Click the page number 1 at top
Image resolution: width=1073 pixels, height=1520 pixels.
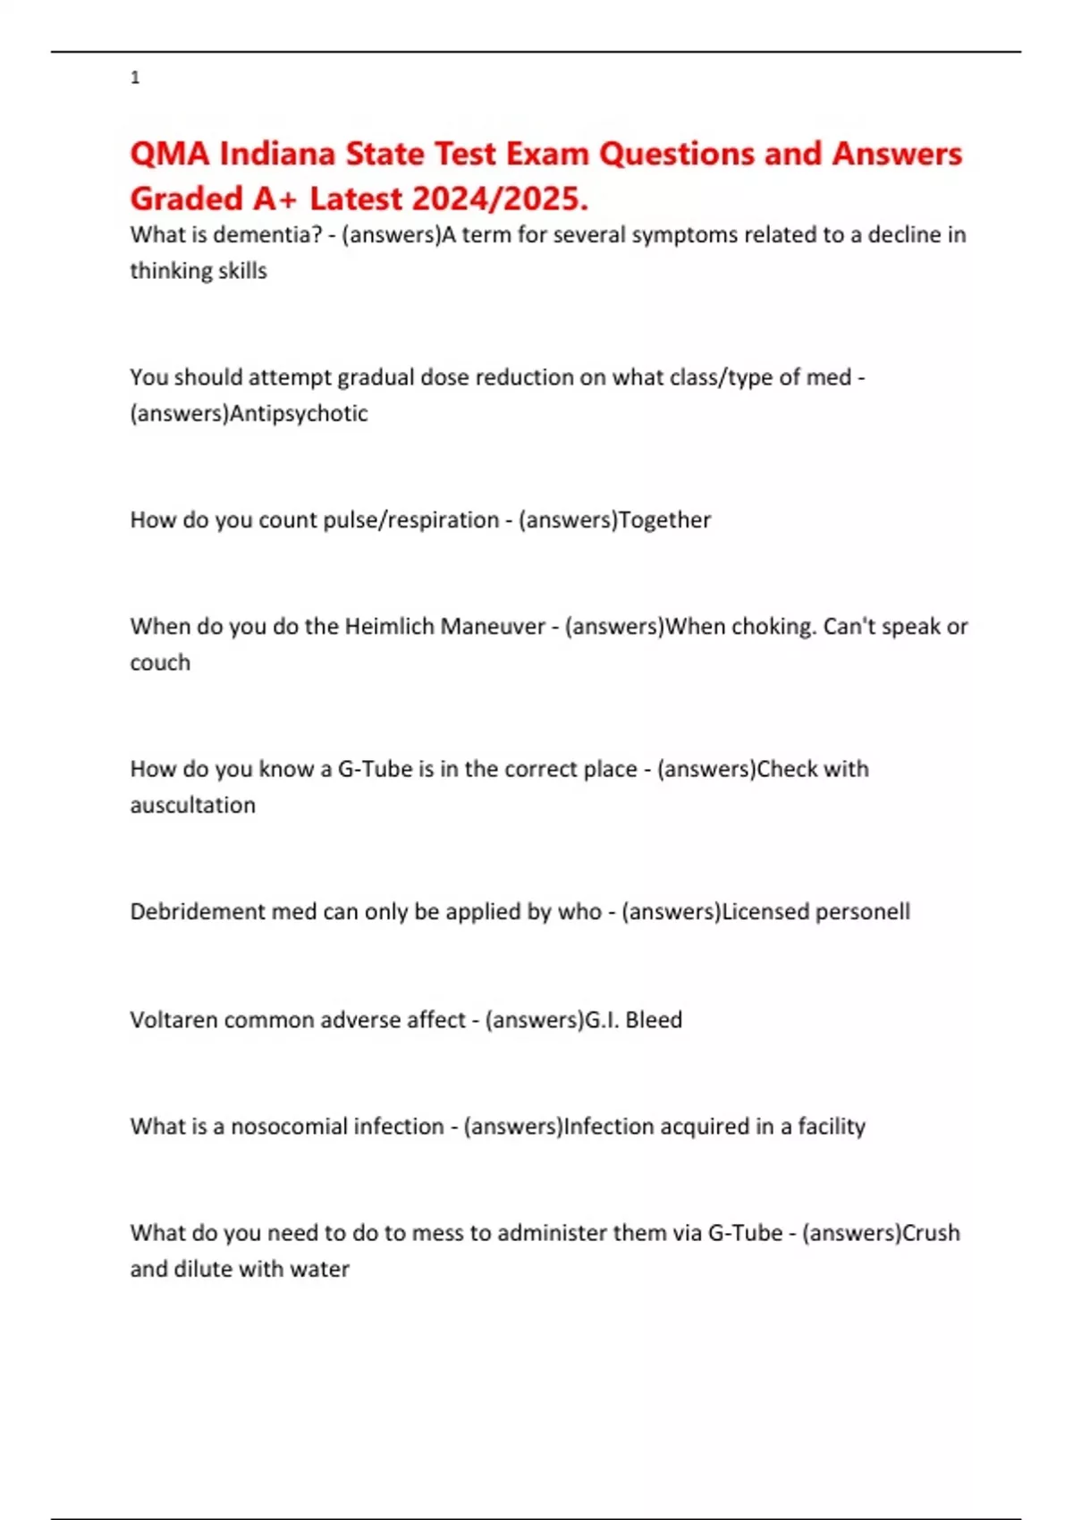pos(135,78)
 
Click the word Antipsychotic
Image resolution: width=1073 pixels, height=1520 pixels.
pos(299,413)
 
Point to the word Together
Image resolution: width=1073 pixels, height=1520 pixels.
pos(664,519)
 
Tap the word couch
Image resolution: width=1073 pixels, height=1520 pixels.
pos(160,663)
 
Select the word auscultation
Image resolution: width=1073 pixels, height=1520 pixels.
pos(192,805)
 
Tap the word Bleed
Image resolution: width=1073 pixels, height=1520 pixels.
pos(654,1019)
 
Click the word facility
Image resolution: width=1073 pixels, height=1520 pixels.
pos(832,1126)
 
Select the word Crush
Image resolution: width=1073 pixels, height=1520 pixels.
pos(931,1232)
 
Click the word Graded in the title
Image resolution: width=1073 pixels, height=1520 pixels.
pos(187,198)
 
